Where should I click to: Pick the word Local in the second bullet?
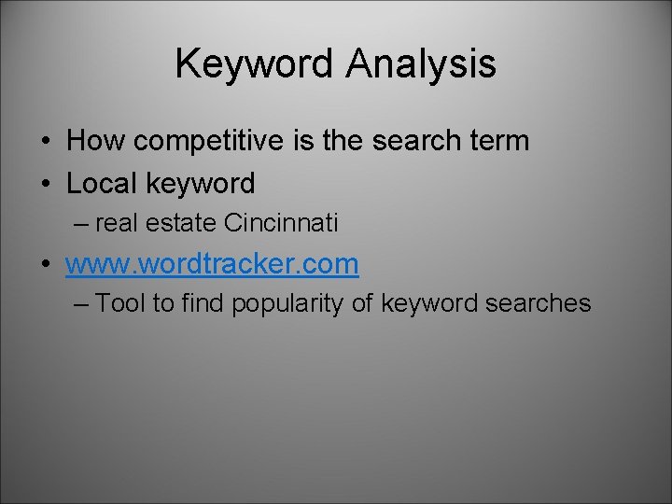102,184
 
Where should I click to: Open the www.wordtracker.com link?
212,264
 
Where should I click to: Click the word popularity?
293,303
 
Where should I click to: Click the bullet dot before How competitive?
45,142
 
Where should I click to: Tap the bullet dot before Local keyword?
45,185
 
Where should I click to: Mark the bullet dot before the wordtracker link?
45,265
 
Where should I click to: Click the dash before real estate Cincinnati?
81,224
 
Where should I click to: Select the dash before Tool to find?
81,303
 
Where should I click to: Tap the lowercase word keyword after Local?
201,184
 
